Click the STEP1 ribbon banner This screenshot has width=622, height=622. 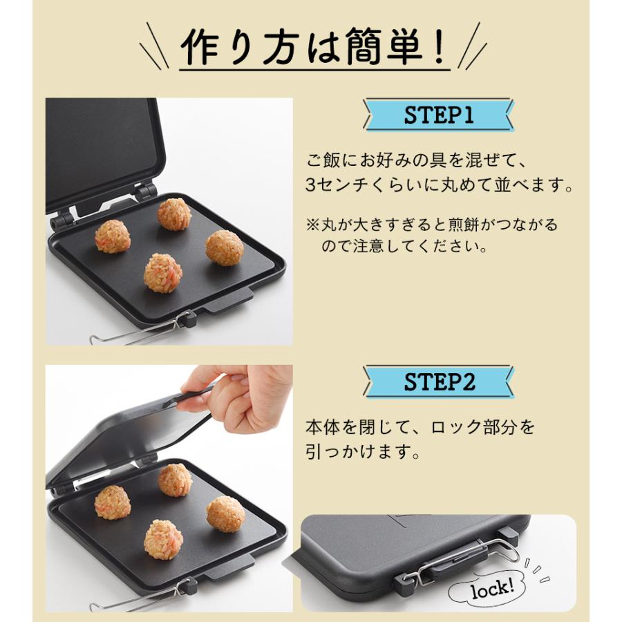[439, 115]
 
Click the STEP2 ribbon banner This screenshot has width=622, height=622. [439, 382]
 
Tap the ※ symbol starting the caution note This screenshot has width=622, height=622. [312, 225]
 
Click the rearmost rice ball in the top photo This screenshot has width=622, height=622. [174, 214]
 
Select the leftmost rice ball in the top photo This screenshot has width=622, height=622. [112, 236]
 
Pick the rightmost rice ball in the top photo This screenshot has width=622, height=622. [225, 247]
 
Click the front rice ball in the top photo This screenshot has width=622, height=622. [163, 272]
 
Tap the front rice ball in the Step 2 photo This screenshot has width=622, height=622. [163, 539]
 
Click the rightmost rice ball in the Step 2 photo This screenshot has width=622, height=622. [225, 513]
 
